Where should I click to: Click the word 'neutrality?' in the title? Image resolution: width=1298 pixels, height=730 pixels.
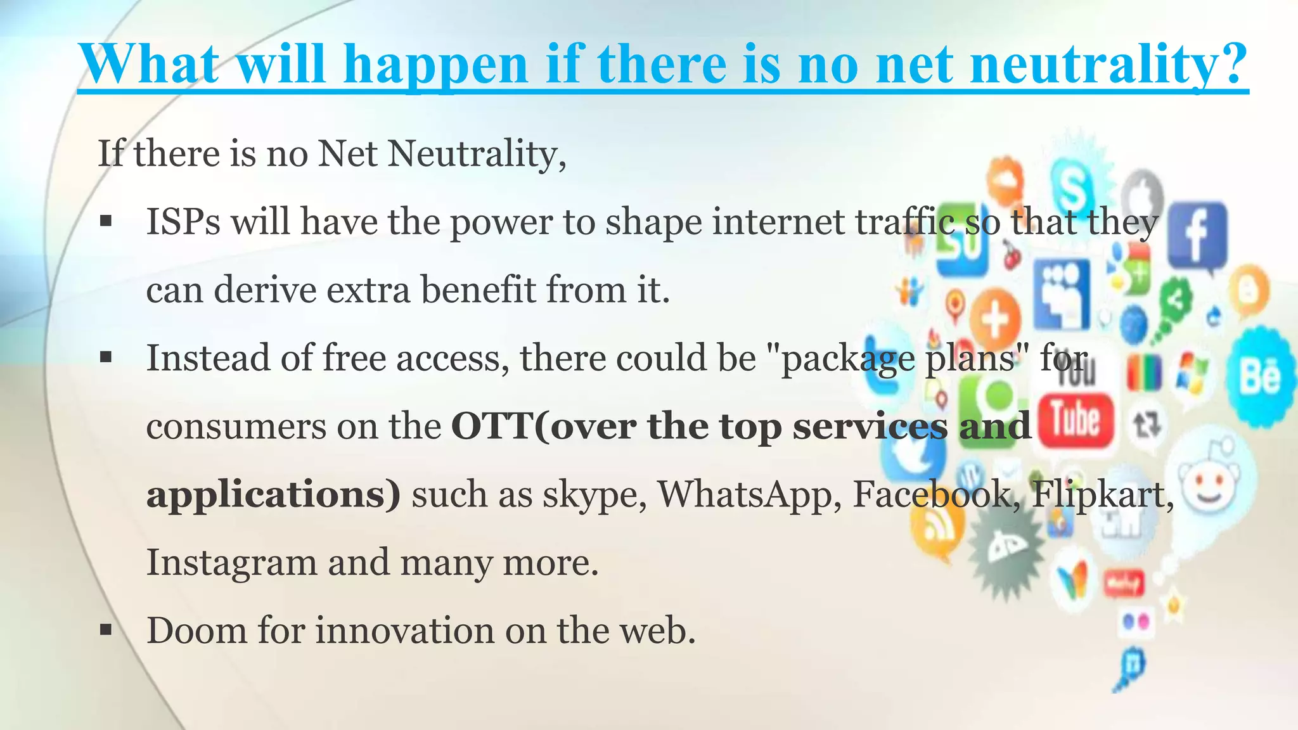pyautogui.click(x=1108, y=65)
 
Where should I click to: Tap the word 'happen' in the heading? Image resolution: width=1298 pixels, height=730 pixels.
pyautogui.click(x=435, y=65)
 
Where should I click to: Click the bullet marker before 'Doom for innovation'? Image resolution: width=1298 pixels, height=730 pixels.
pyautogui.click(x=106, y=630)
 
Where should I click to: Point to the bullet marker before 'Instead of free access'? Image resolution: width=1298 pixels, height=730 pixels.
pyautogui.click(x=106, y=357)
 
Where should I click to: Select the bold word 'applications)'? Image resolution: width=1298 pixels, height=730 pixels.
pyautogui.click(x=273, y=494)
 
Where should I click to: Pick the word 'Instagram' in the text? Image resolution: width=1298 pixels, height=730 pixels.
pyautogui.click(x=231, y=563)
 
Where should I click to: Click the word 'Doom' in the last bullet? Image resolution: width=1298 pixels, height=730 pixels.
pyautogui.click(x=196, y=631)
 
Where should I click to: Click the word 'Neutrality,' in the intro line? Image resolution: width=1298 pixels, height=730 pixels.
pyautogui.click(x=476, y=153)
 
